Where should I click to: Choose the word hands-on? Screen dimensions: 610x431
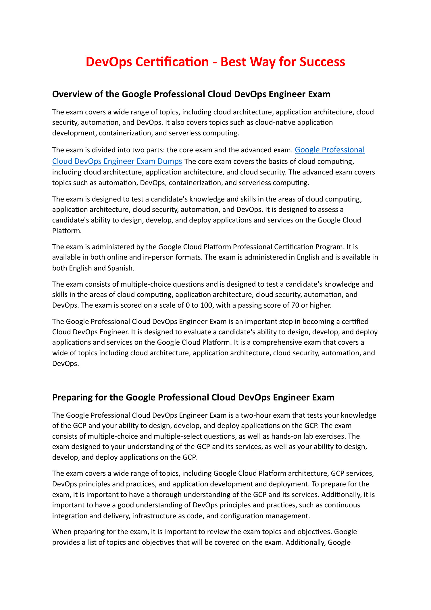pos(272,436)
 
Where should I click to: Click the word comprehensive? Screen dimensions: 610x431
pos(285,342)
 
